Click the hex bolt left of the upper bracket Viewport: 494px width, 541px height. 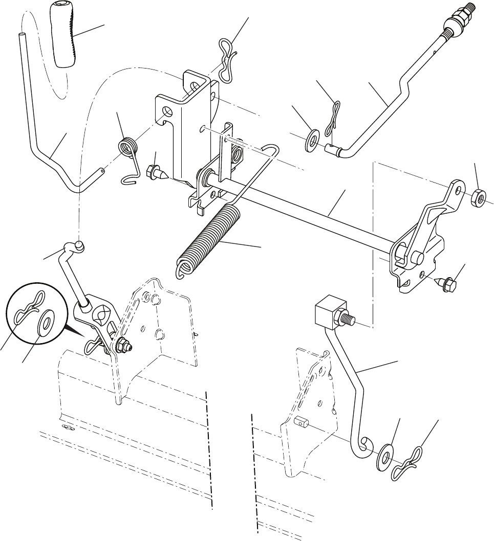pyautogui.click(x=154, y=172)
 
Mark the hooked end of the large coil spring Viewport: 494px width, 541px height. pyautogui.click(x=182, y=269)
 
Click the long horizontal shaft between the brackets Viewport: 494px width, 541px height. pyautogui.click(x=307, y=214)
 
